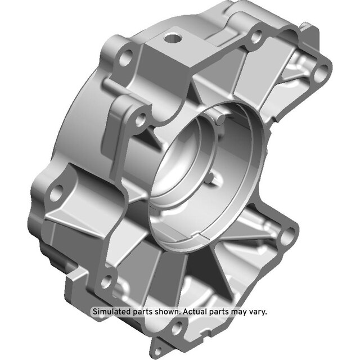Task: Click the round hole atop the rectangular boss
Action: (x=173, y=38)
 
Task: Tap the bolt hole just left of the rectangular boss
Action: (x=126, y=57)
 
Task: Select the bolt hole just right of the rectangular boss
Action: (x=256, y=37)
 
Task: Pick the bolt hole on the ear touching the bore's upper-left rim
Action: (x=141, y=119)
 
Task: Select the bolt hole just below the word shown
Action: (x=177, y=327)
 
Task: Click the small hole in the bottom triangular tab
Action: (x=158, y=352)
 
